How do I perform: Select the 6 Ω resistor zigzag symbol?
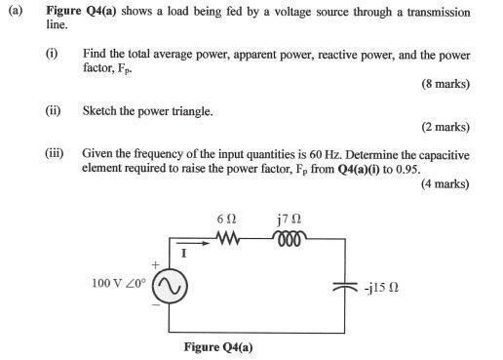(228, 239)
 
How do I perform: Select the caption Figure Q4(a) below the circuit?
(218, 347)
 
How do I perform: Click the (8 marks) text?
(445, 85)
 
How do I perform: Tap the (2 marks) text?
(445, 128)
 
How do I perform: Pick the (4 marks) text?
(445, 183)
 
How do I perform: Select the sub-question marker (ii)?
(53, 111)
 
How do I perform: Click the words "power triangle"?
(173, 111)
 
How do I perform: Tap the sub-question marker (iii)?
(56, 154)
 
